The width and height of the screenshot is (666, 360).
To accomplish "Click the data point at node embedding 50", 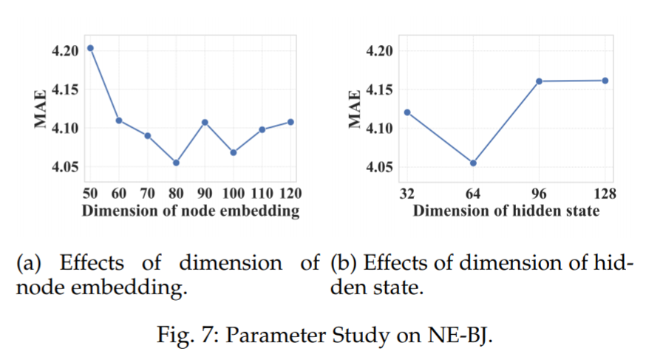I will (90, 48).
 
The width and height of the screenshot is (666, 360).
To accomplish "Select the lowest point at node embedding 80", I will (176, 163).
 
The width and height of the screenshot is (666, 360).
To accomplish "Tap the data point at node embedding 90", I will (205, 122).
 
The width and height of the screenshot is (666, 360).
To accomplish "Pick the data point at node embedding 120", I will (290, 121).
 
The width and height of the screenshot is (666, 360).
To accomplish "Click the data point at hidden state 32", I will (407, 112).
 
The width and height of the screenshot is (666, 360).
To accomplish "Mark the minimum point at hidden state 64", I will (473, 163).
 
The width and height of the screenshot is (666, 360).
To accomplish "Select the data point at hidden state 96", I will (539, 81).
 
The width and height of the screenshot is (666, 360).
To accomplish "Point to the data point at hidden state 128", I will (605, 80).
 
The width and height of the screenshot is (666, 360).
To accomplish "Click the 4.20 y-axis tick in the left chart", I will (64, 51).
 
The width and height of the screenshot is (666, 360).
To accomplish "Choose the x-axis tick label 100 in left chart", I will (233, 194).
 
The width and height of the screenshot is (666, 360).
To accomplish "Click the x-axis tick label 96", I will (539, 194).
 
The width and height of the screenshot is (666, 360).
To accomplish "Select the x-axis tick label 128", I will (605, 194).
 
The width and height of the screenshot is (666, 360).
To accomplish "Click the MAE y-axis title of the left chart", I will (41, 109).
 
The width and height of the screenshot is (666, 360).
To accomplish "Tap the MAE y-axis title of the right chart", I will (356, 109).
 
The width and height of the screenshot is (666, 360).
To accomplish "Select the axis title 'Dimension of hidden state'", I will (506, 211).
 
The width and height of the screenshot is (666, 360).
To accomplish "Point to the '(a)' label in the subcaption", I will (30, 262).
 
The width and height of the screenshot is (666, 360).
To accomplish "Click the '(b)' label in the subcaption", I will (344, 262).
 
